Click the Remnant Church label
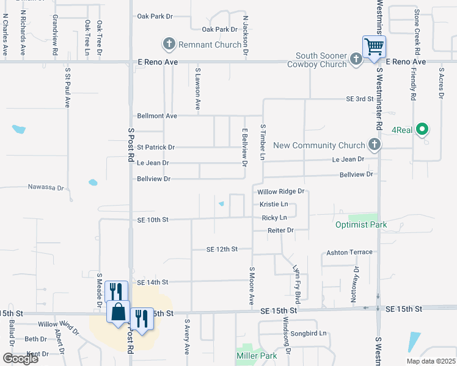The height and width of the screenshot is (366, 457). (201, 44)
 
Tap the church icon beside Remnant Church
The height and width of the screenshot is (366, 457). (169, 44)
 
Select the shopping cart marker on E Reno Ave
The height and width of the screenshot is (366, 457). (374, 47)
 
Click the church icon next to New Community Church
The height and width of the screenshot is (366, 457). (375, 145)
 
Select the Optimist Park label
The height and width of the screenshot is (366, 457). (361, 224)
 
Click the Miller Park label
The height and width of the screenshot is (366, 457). (256, 354)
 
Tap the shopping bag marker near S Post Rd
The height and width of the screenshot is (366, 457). (118, 312)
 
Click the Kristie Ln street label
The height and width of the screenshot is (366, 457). (273, 204)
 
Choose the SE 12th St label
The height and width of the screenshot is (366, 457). (221, 249)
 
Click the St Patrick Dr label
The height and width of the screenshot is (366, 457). (156, 147)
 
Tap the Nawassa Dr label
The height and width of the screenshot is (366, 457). (46, 187)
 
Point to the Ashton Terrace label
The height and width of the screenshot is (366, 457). (349, 252)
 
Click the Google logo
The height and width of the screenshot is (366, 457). (20, 359)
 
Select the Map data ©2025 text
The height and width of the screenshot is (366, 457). (430, 361)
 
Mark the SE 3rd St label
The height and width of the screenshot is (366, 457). (359, 98)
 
